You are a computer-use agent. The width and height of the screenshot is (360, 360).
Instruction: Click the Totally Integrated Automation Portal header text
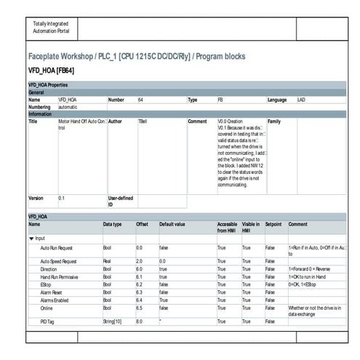click(x=49, y=28)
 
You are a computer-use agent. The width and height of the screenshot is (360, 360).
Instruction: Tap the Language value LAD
click(x=301, y=99)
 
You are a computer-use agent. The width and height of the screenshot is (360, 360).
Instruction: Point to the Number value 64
click(x=140, y=99)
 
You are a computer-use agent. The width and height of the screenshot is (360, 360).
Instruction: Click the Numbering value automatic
click(x=68, y=106)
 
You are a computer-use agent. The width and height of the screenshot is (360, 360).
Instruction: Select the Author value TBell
click(x=143, y=121)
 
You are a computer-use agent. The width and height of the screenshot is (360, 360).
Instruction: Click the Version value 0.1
click(x=61, y=197)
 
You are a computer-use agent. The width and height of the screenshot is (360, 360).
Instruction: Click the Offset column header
click(x=142, y=224)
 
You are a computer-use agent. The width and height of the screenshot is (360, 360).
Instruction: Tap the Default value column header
click(x=172, y=224)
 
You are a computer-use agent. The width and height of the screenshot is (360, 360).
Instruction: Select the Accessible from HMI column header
click(x=227, y=227)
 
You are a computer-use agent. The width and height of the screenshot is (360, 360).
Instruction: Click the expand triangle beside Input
click(x=31, y=238)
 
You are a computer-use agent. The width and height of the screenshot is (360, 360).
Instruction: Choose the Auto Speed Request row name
click(x=58, y=260)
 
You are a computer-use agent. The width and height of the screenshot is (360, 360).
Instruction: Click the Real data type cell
click(x=107, y=260)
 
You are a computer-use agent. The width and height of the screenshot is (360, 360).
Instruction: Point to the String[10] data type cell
click(x=111, y=321)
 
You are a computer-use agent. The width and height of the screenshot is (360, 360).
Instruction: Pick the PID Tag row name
click(x=48, y=321)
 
